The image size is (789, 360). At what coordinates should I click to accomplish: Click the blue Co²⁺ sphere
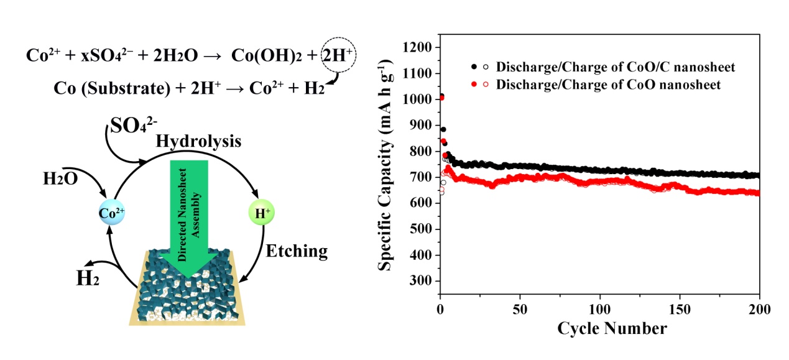coord(112,212)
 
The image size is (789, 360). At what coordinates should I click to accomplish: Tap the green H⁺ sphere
coord(261,213)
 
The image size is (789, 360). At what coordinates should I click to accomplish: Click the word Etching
coord(297,251)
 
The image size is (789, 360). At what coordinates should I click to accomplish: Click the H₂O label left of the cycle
coord(60,179)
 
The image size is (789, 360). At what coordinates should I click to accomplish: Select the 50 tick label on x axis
coord(520,309)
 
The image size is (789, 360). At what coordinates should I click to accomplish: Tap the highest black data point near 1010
coord(441,96)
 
